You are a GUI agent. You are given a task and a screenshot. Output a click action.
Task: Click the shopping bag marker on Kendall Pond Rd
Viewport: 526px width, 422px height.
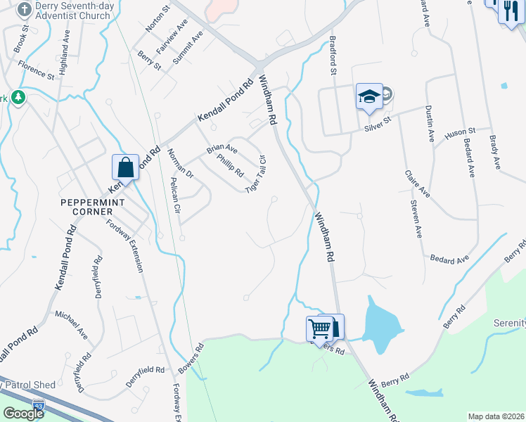(x=125, y=167)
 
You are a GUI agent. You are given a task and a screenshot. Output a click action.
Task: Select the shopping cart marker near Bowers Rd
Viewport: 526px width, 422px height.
(x=319, y=328)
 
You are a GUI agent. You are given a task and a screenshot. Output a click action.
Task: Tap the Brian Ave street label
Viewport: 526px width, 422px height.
(x=222, y=149)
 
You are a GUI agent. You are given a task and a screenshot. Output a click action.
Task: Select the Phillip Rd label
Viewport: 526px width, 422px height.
(x=231, y=166)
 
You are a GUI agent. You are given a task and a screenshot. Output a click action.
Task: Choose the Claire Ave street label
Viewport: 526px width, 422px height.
(x=416, y=183)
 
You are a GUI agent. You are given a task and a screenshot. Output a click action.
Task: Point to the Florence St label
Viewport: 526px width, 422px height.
(x=37, y=72)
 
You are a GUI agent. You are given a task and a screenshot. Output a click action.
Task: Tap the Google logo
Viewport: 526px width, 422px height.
(x=23, y=413)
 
